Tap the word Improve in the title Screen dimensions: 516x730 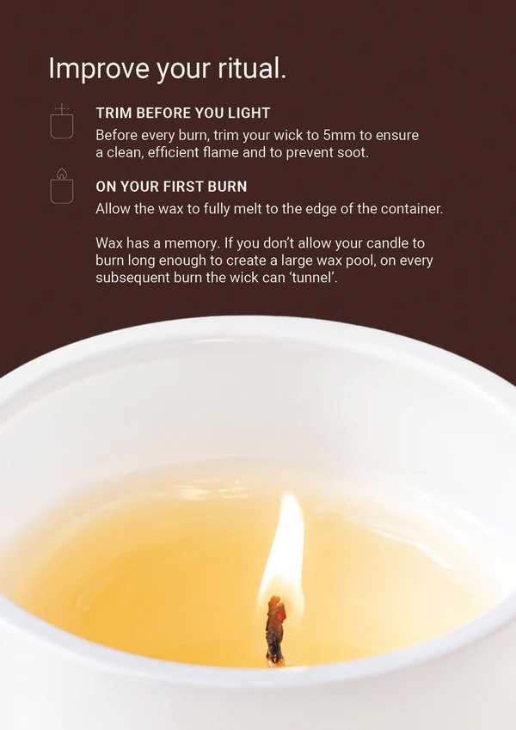tap(99, 69)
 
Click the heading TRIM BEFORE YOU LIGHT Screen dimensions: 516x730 tap(183, 113)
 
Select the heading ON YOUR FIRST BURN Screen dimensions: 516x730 tap(171, 187)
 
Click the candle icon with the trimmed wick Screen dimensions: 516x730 tap(62, 122)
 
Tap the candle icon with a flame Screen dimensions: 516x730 tap(62, 187)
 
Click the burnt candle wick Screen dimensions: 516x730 tap(275, 629)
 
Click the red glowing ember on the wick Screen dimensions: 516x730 tap(281, 616)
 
